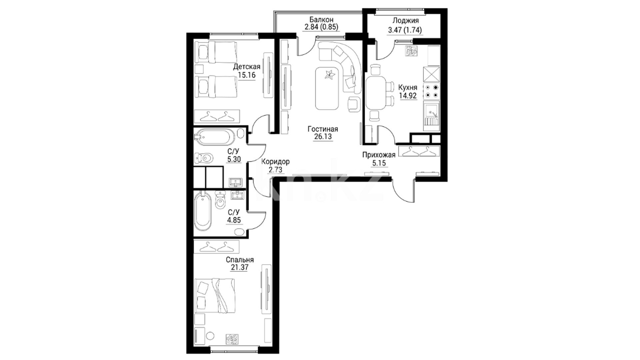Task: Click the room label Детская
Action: click(247, 67)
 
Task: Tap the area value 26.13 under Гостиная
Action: click(323, 137)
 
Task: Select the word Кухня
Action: click(408, 88)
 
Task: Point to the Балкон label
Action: click(321, 20)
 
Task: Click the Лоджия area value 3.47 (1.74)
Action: click(405, 30)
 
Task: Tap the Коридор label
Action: click(275, 162)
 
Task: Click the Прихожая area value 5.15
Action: click(379, 163)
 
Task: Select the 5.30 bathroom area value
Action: click(234, 159)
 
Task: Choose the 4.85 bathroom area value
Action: click(234, 220)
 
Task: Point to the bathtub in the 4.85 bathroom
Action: click(203, 211)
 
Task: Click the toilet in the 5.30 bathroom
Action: click(203, 157)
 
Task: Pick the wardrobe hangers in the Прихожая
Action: click(419, 151)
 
